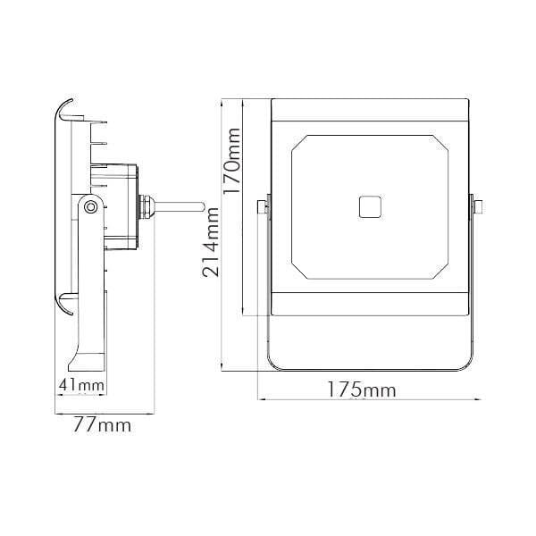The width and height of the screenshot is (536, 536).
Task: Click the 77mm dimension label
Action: pyautogui.click(x=102, y=425)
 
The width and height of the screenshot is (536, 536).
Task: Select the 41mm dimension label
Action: pyautogui.click(x=81, y=385)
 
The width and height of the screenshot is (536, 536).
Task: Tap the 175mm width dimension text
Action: pyautogui.click(x=362, y=389)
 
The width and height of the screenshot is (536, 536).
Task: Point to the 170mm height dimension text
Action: pyautogui.click(x=232, y=161)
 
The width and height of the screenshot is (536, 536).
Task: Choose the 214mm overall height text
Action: pyautogui.click(x=210, y=242)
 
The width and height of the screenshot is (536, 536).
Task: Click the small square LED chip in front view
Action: pyautogui.click(x=370, y=207)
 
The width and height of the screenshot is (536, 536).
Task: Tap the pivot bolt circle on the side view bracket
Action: pyautogui.click(x=90, y=207)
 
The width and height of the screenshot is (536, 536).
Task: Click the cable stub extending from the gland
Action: pyautogui.click(x=179, y=207)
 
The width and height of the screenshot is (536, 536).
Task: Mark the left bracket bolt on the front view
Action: pyautogui.click(x=263, y=207)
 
